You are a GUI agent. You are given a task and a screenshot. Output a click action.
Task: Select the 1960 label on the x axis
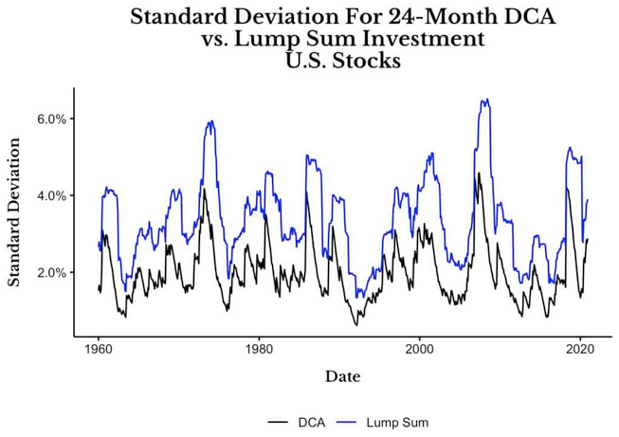point(99,347)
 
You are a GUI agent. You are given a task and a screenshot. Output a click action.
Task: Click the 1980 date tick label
point(259,347)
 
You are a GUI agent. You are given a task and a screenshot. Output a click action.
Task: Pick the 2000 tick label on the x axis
point(419,347)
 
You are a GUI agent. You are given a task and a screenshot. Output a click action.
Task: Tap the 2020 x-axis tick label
point(579,347)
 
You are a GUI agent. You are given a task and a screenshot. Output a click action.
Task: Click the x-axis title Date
point(342,376)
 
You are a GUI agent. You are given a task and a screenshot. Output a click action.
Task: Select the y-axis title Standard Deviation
point(14,211)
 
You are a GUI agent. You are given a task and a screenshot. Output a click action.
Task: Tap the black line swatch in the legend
point(277,422)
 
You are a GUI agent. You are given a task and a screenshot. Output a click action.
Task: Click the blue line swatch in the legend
point(352,422)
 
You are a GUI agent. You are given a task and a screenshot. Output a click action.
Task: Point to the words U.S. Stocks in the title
point(342,62)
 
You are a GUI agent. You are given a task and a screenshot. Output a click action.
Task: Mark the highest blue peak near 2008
point(485,99)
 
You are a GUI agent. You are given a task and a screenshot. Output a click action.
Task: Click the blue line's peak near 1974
point(209,121)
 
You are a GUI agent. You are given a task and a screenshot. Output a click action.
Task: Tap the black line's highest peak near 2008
point(480,173)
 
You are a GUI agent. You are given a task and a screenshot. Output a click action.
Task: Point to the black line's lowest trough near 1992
point(357,325)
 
